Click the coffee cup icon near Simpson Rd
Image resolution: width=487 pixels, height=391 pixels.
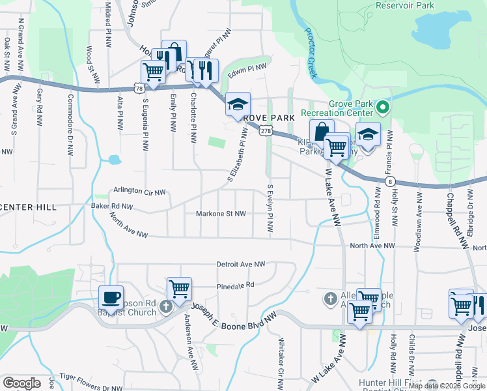coord(111,298)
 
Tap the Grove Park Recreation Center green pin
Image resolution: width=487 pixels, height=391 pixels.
coord(383,108)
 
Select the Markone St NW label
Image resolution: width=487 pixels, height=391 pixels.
coord(221,214)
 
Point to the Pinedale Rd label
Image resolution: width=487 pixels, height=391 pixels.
coord(235,285)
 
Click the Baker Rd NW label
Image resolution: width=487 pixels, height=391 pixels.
coord(111,207)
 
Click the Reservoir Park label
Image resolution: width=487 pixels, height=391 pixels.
coord(404,5)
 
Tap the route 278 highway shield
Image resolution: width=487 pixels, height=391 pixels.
coord(264,131)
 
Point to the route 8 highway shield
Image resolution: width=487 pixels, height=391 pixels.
coord(389,181)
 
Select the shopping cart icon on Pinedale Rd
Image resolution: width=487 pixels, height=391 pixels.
coord(178,288)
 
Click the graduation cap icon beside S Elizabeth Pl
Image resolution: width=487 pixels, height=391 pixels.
coord(238,104)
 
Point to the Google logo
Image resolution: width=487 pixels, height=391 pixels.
coord(21,383)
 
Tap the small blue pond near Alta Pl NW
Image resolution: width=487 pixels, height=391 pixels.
coord(115,159)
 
